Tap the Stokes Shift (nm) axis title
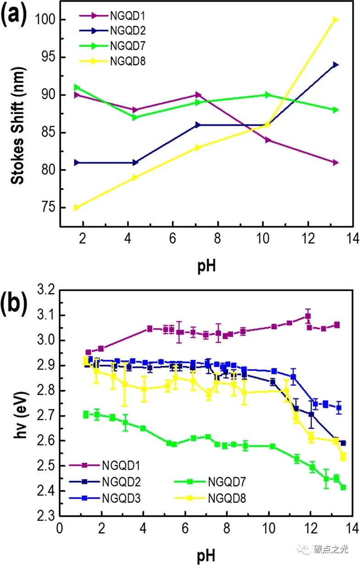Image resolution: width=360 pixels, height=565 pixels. point(18,118)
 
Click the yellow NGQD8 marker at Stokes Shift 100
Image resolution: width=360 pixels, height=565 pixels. point(336,19)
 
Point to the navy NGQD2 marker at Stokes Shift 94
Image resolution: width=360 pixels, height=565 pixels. point(336,65)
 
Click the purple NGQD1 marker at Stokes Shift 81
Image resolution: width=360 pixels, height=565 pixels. point(336,162)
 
